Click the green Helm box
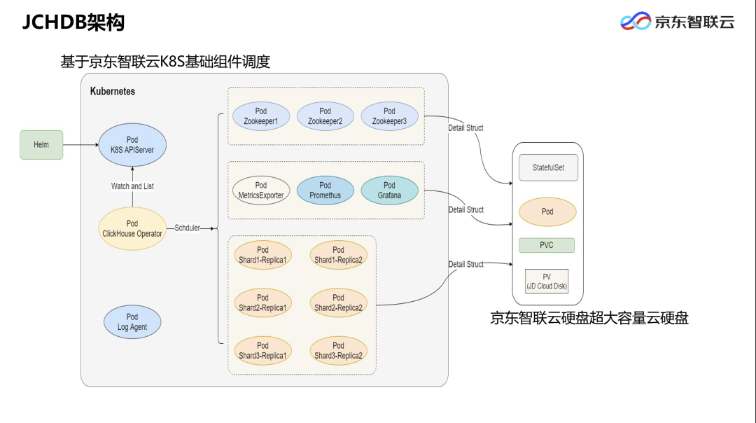click(x=41, y=145)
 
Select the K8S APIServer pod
click(x=132, y=145)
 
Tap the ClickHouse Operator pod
click(x=132, y=228)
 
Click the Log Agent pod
click(x=132, y=322)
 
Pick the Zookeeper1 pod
click(x=261, y=116)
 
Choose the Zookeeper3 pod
click(x=389, y=116)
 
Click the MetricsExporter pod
click(x=261, y=190)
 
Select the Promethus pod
click(x=325, y=190)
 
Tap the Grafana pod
click(x=389, y=190)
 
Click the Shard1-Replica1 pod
click(x=262, y=255)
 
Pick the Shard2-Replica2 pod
click(x=338, y=303)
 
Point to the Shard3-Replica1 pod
click(x=262, y=350)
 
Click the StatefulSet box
click(x=548, y=168)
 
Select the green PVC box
click(x=547, y=245)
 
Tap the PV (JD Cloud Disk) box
click(x=547, y=282)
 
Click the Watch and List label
click(x=132, y=186)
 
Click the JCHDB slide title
click(x=73, y=23)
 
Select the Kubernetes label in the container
click(x=113, y=92)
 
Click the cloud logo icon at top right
click(x=636, y=22)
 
